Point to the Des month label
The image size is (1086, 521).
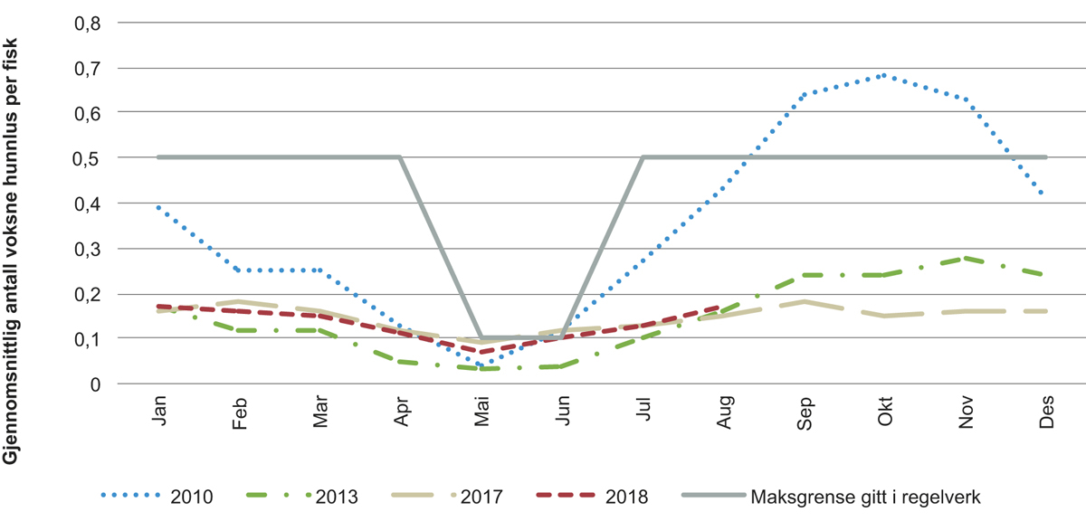point(1046,414)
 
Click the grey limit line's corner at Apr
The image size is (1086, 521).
point(400,156)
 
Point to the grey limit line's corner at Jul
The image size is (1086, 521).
point(643,156)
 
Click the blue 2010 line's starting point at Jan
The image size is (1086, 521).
point(157,207)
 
